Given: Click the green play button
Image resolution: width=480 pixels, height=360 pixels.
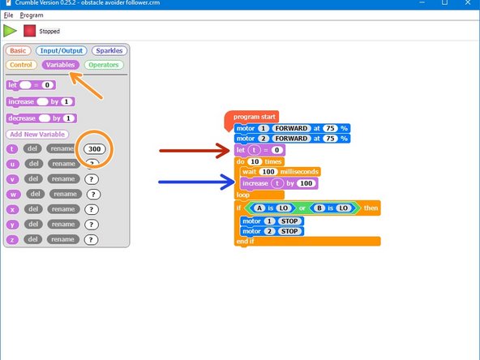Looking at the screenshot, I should (11, 30).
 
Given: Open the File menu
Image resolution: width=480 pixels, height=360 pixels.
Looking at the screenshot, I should (8, 15).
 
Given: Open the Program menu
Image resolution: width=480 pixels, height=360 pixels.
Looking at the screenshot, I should (32, 15).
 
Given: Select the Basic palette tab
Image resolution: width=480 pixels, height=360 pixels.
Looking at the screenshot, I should (19, 50).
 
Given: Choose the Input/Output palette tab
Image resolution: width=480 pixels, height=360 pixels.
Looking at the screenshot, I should (61, 50).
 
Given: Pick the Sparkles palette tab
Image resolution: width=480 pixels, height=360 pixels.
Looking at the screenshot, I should (108, 50).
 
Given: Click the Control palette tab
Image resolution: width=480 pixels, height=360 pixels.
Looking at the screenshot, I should (22, 65).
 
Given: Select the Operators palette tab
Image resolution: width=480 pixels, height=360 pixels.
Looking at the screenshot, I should (103, 65).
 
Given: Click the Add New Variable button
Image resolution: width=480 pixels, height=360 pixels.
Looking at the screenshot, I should (37, 134).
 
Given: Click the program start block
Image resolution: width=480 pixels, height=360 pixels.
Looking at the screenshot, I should (252, 117).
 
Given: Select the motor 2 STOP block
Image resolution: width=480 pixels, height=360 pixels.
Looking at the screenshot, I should (272, 231).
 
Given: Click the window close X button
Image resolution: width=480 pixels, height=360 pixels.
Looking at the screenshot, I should (468, 4).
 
